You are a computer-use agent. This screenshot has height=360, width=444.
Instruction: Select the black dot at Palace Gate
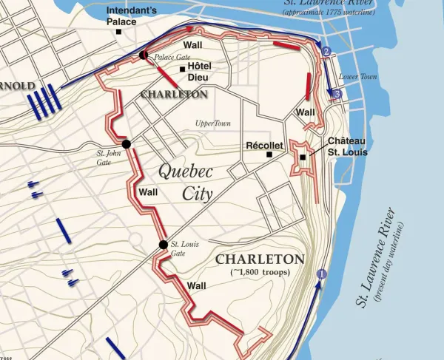144,55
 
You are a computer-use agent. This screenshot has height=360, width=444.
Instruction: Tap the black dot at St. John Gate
127,143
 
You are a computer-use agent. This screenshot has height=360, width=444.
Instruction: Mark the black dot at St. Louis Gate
163,245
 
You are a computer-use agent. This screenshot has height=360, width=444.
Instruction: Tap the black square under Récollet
269,155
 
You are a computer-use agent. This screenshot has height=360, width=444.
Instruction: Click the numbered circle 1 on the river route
320,274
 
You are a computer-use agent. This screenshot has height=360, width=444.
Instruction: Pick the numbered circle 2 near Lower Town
326,51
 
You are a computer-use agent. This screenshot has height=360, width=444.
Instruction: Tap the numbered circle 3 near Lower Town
337,94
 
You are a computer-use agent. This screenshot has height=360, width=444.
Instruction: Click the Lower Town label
353,77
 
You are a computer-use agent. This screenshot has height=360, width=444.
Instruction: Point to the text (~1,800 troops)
259,272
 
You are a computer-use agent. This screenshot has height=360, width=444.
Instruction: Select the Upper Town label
212,123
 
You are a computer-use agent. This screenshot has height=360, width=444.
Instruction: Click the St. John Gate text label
107,157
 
